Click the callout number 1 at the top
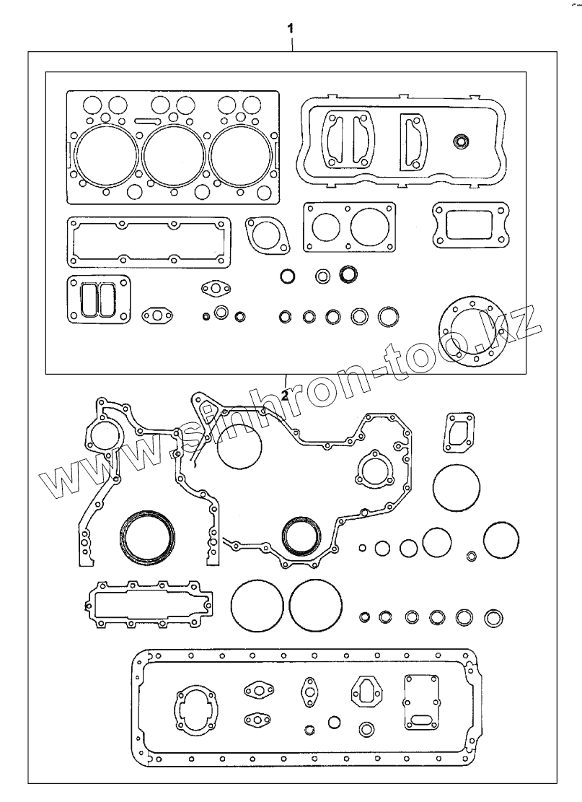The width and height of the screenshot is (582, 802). pos(290,28)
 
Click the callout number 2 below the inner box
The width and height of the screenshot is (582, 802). pos(285,396)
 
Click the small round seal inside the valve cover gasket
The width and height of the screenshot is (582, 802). pos(459,141)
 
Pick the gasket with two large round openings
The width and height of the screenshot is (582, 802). pos(349,227)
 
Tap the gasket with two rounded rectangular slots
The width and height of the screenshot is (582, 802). pos(98,299)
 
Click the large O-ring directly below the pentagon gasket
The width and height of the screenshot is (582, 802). pos(457,488)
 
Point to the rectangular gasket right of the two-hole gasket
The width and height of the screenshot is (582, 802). pos(465,223)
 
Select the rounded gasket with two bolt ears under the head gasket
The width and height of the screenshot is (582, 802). pos(266,236)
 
